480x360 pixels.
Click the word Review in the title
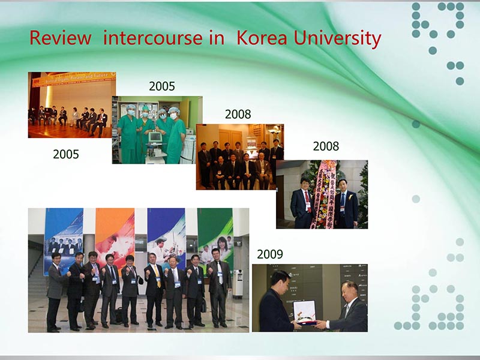click(x=60, y=38)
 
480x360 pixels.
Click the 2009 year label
click(x=270, y=254)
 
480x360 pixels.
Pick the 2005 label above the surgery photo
click(x=162, y=86)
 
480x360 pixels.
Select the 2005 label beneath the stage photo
click(x=66, y=154)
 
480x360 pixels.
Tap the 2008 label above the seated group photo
click(x=238, y=114)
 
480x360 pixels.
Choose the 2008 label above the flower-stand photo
click(x=326, y=146)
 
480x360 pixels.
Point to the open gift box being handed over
click(x=304, y=311)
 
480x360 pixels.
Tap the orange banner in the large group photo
click(x=115, y=231)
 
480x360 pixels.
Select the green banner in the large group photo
click(x=215, y=231)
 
